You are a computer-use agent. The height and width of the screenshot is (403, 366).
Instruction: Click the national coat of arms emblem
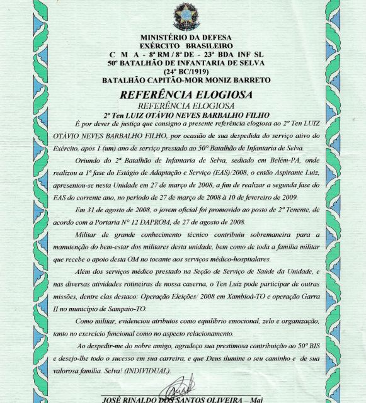point(186,16)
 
